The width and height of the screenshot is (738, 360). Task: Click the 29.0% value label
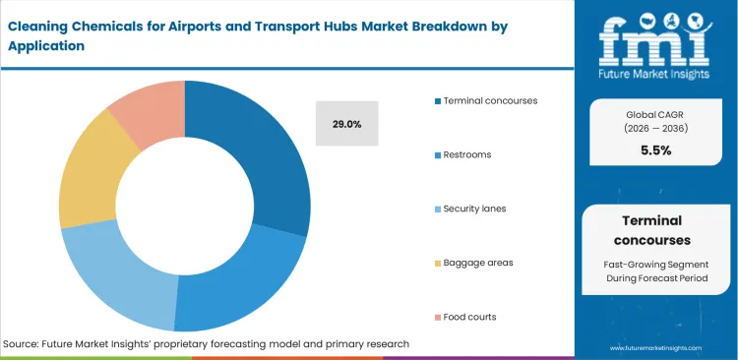tap(346, 125)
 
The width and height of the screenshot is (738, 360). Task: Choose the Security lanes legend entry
tap(475, 209)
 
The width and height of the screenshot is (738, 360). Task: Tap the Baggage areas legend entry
tap(477, 263)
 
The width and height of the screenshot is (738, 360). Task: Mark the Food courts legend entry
tap(469, 317)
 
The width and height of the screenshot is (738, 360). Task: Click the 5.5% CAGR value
tap(655, 150)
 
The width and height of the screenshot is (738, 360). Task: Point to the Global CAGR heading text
tap(655, 113)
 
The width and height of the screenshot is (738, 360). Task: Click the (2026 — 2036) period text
tap(655, 129)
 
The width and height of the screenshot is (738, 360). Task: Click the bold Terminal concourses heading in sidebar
tap(655, 230)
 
